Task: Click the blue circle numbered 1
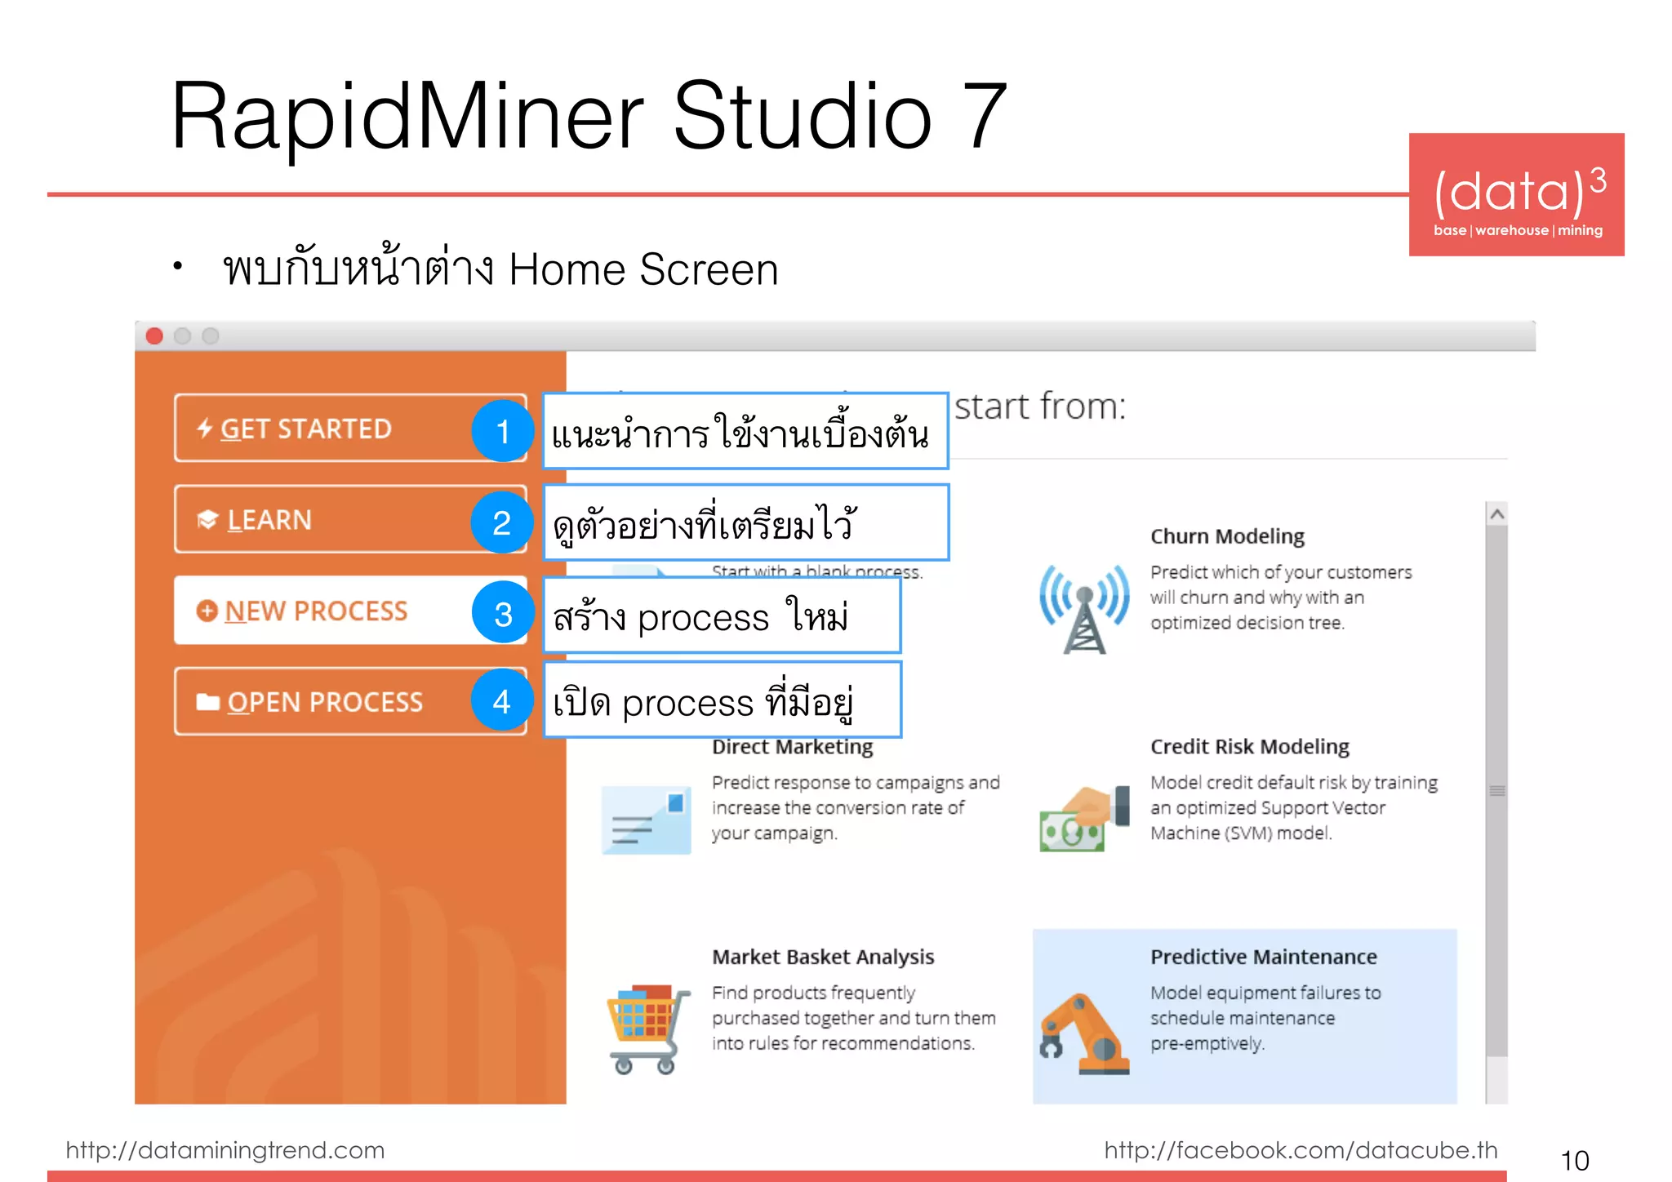coord(502,431)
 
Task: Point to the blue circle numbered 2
coord(501,522)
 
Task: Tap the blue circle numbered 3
coord(503,614)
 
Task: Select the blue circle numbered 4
coord(501,701)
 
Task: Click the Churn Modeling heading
coord(1227,536)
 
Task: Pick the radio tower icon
coord(1084,608)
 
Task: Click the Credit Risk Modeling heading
coord(1249,747)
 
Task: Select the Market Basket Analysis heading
coord(823,957)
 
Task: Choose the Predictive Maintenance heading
coord(1263,957)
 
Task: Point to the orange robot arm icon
coord(1084,1033)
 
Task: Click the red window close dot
coord(154,336)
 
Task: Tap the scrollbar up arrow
coord(1496,514)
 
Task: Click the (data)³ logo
coord(1516,195)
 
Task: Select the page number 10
coord(1574,1160)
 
